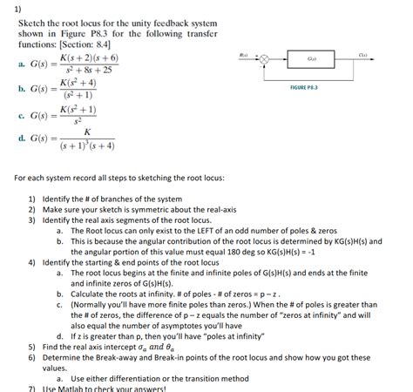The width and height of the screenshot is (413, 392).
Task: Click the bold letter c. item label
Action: pos(20,115)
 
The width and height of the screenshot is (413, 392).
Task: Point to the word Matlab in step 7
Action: pos(66,389)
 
